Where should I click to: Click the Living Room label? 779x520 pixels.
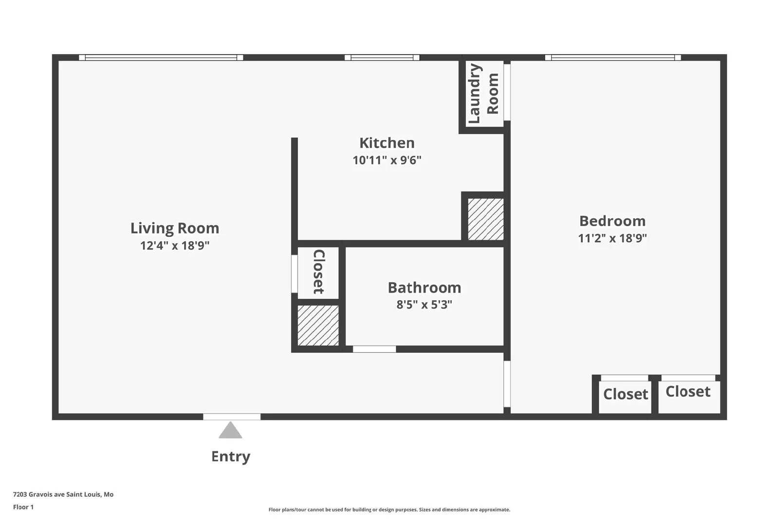tap(175, 228)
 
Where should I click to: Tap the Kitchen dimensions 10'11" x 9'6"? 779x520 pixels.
tap(387, 160)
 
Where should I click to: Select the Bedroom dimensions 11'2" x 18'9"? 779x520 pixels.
tap(612, 238)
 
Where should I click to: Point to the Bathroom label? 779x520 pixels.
tap(424, 288)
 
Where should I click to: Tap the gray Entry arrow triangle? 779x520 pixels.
tap(230, 431)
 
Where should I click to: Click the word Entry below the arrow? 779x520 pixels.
tap(231, 457)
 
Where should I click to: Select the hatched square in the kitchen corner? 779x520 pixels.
tap(485, 219)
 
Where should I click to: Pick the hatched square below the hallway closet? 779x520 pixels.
tap(318, 326)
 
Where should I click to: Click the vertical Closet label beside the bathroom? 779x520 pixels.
tap(318, 272)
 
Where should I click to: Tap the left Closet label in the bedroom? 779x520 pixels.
tap(625, 394)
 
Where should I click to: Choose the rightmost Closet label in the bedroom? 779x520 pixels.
tap(687, 391)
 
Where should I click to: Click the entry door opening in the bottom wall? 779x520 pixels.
tap(232, 417)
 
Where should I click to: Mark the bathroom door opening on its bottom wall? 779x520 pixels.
tap(374, 349)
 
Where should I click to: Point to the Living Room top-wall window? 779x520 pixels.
tap(161, 58)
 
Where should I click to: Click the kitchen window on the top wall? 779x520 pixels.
tap(382, 58)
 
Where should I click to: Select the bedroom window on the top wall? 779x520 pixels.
tap(612, 58)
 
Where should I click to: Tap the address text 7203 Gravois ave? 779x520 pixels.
tap(63, 494)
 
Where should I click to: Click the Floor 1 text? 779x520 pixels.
tap(23, 507)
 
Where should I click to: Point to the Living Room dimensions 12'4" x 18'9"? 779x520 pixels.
tap(175, 245)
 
